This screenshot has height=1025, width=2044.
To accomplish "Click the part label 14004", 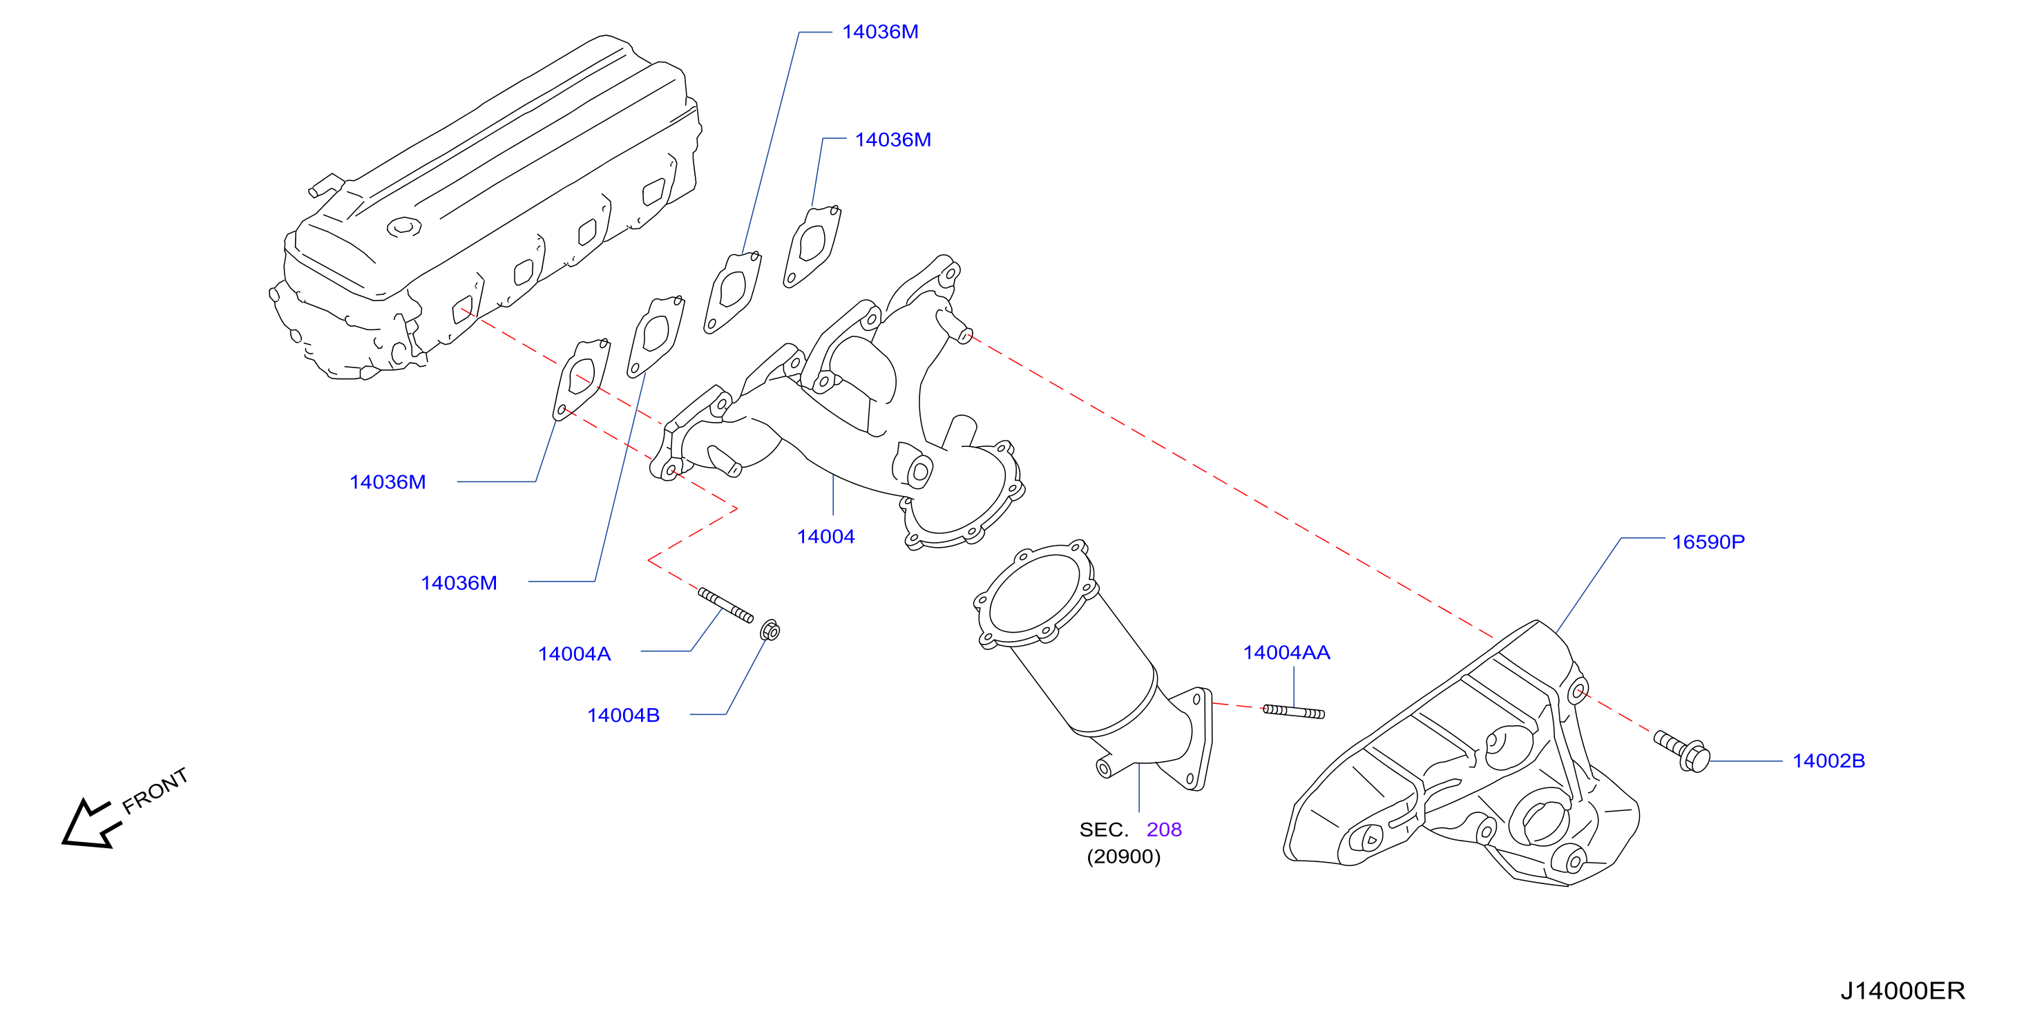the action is click(x=825, y=537).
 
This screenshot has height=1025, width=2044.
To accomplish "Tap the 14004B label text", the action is click(x=623, y=716).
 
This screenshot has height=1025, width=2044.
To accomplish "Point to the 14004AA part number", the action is click(x=1286, y=653).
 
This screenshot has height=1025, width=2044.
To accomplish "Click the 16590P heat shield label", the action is click(x=1708, y=542).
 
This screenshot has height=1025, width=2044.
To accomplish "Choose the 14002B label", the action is click(x=1829, y=761).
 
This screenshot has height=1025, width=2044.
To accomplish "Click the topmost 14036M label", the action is click(x=880, y=32).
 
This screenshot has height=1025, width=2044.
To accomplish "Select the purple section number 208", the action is click(x=1164, y=830).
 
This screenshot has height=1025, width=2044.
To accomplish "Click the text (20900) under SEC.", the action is click(x=1124, y=856).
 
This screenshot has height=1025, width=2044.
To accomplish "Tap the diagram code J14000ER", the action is click(x=1903, y=991).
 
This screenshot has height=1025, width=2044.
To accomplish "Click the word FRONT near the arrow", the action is click(x=155, y=791).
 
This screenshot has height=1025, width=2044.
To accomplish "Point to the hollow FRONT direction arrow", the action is click(x=90, y=824).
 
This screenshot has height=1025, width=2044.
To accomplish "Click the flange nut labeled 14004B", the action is click(x=770, y=631).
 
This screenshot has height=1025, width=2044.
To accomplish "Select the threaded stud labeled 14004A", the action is click(x=725, y=605).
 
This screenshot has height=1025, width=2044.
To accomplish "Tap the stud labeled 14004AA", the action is click(x=1293, y=711).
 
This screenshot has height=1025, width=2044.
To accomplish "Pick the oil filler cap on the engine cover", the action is click(x=404, y=227).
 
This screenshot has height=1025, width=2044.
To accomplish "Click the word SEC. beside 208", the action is click(x=1104, y=830).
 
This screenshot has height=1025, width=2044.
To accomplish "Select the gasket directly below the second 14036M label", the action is click(x=812, y=246).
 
